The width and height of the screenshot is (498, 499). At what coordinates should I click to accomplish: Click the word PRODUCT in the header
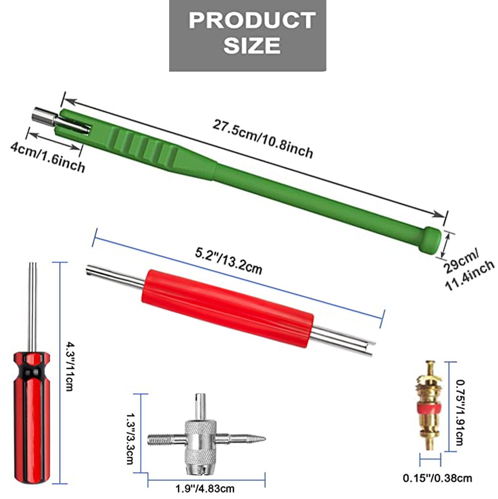[252, 20]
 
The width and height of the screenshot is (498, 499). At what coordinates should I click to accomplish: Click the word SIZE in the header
[252, 45]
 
